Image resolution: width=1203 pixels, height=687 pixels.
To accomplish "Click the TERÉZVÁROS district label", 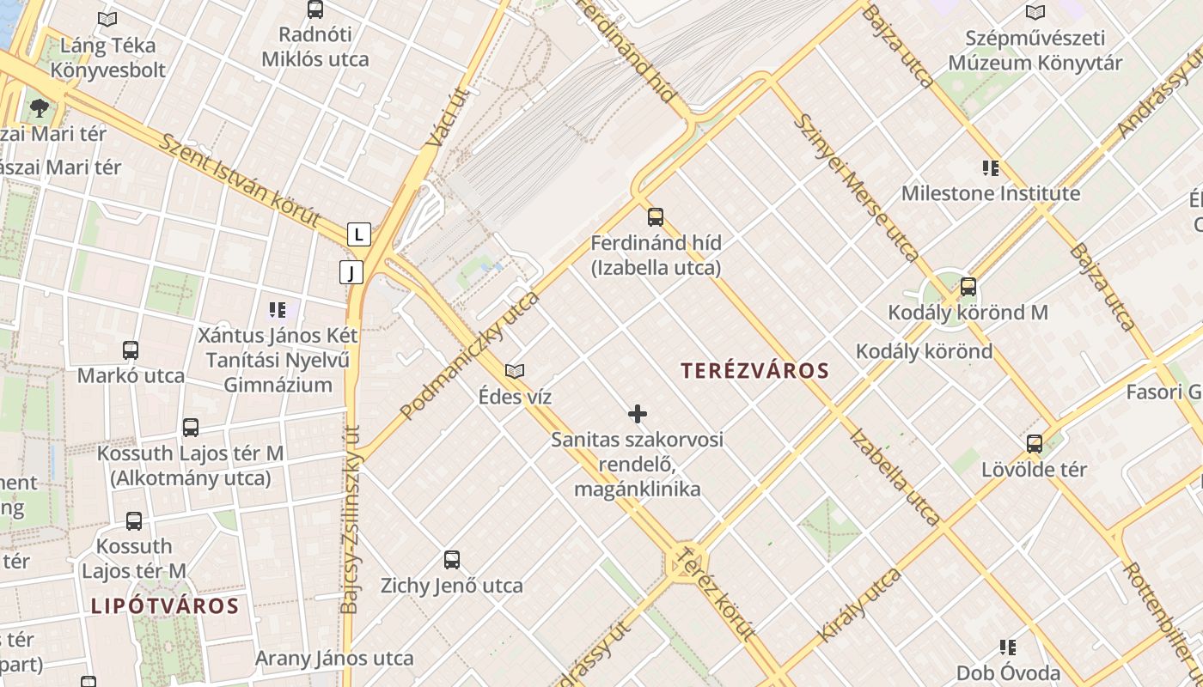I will pos(754,371).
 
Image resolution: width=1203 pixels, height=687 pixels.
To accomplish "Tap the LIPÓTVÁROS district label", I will pos(164,605).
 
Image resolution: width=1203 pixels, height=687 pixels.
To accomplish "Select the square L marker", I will pos(358,234).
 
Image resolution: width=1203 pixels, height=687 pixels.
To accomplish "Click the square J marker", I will pos(351,272).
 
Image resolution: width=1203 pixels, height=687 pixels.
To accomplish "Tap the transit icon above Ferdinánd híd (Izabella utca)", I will pos(656,216).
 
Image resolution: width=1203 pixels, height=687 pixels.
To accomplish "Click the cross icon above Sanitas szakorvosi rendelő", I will pos(637,414).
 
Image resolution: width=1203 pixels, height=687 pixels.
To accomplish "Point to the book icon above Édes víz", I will pos(515,371).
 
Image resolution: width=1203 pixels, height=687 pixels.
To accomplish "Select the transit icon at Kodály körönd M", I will pos(968,287).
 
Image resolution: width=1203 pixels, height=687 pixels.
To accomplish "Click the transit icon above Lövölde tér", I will pos(1035,443).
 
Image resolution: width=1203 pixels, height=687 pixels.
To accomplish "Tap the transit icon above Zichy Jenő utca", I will pos(452,560).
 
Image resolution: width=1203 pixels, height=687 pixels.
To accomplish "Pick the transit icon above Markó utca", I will pos(131,350).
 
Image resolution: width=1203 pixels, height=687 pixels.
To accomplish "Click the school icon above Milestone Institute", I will pos(991,167).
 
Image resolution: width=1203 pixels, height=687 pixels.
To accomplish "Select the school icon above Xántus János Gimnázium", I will pos(277,308).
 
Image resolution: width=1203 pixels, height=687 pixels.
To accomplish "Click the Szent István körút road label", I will pos(240,181).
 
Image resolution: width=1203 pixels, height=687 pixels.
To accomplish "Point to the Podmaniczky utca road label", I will pos(470,355).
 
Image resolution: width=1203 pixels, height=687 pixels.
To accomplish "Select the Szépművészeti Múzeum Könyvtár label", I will pos(1035,51).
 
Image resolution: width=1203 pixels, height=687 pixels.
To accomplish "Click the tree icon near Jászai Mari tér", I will pos(39,107).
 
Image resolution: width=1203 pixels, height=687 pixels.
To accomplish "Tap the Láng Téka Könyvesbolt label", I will pos(108,57).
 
